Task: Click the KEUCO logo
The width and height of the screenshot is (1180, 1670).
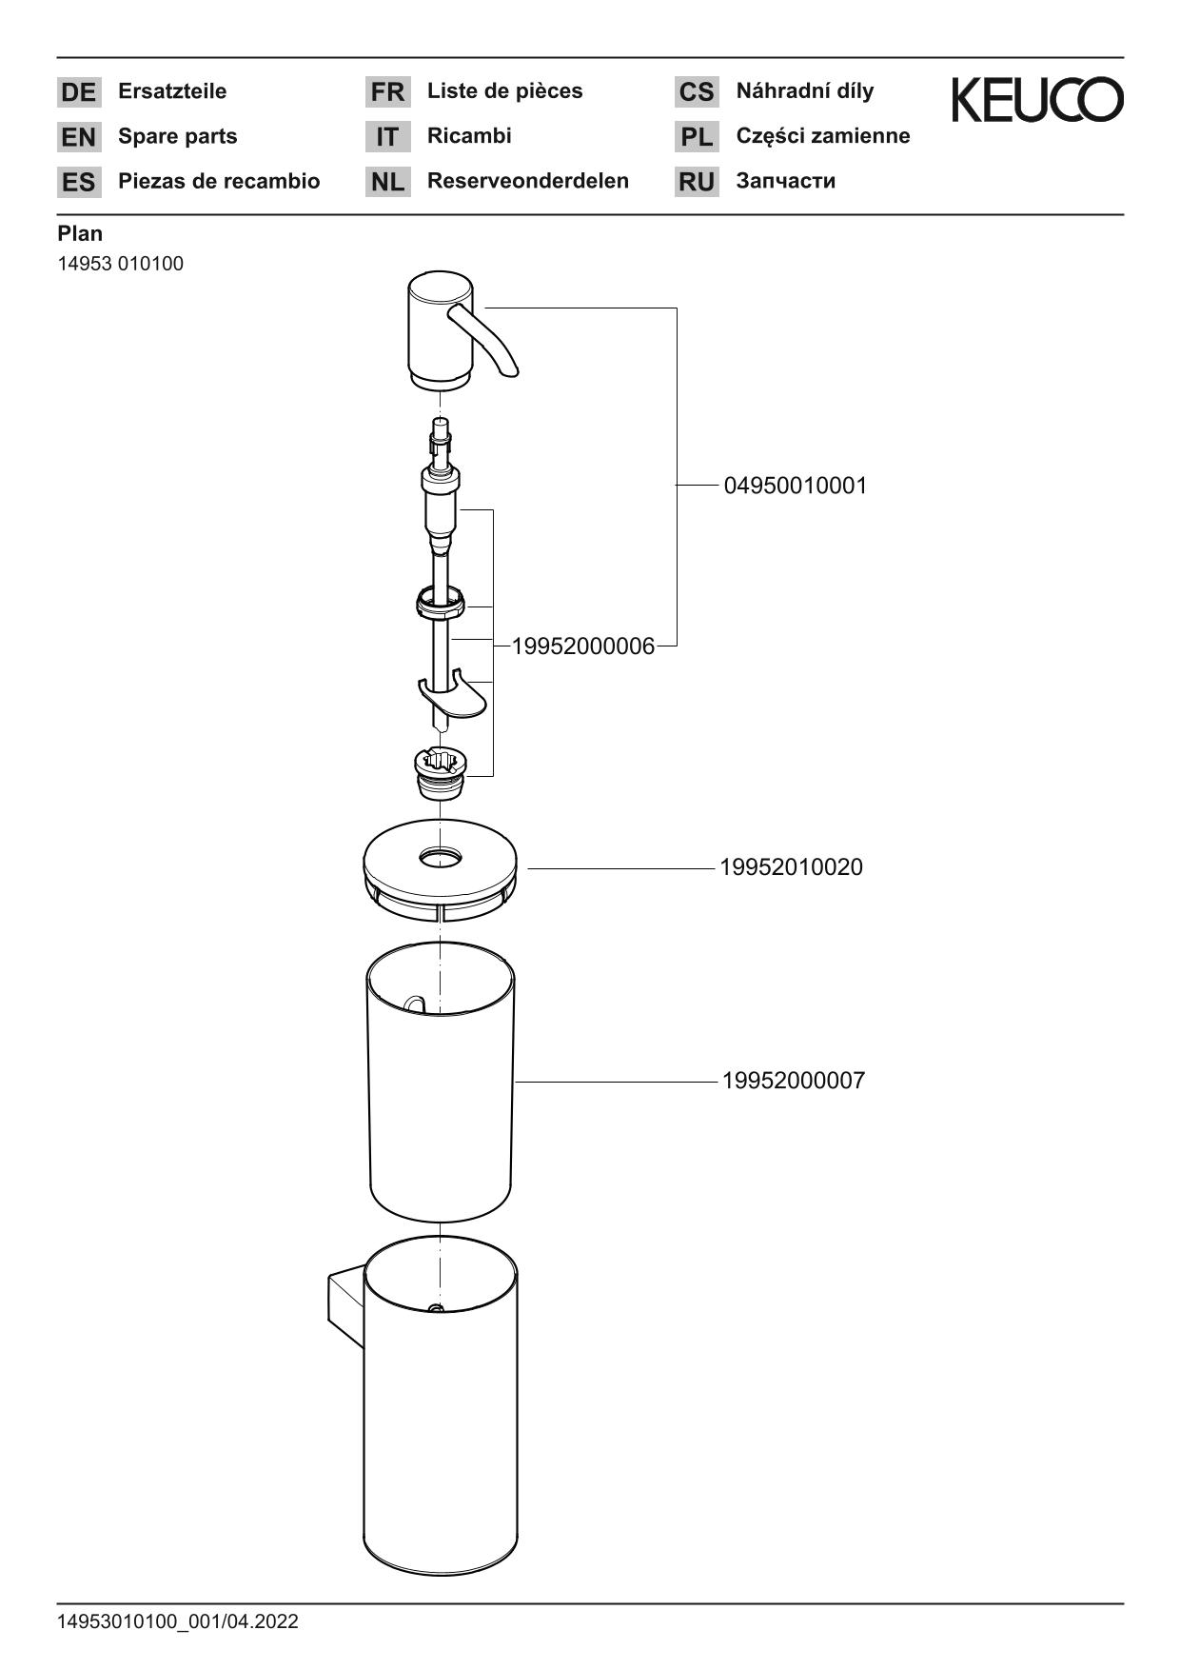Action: coord(1037,100)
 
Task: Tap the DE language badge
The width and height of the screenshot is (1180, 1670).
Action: coord(78,92)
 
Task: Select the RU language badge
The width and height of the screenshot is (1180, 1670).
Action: coord(697,182)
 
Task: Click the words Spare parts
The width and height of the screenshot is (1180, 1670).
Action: coord(177,136)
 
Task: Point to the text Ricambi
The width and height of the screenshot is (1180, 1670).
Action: coord(469,136)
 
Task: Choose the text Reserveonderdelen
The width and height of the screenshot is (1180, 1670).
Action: coord(527,181)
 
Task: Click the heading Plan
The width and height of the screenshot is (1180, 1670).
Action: coord(80,233)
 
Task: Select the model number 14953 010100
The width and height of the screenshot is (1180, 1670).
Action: coord(121,264)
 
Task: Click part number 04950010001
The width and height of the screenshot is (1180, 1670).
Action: coord(796,486)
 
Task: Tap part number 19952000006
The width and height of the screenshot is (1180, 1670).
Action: coord(583,646)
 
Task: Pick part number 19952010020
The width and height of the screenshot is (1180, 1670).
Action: coord(791,867)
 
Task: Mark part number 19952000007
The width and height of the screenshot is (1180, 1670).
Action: coord(794,1081)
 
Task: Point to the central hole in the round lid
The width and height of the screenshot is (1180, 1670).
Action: coord(440,858)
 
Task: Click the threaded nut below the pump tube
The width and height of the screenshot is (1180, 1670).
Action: coord(441,772)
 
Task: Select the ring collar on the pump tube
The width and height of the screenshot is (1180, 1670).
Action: coord(440,603)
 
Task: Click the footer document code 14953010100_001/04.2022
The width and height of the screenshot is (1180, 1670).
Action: coord(178,1621)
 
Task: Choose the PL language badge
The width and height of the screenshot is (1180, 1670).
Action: coord(697,137)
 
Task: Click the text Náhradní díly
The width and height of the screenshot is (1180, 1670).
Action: coord(804,91)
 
